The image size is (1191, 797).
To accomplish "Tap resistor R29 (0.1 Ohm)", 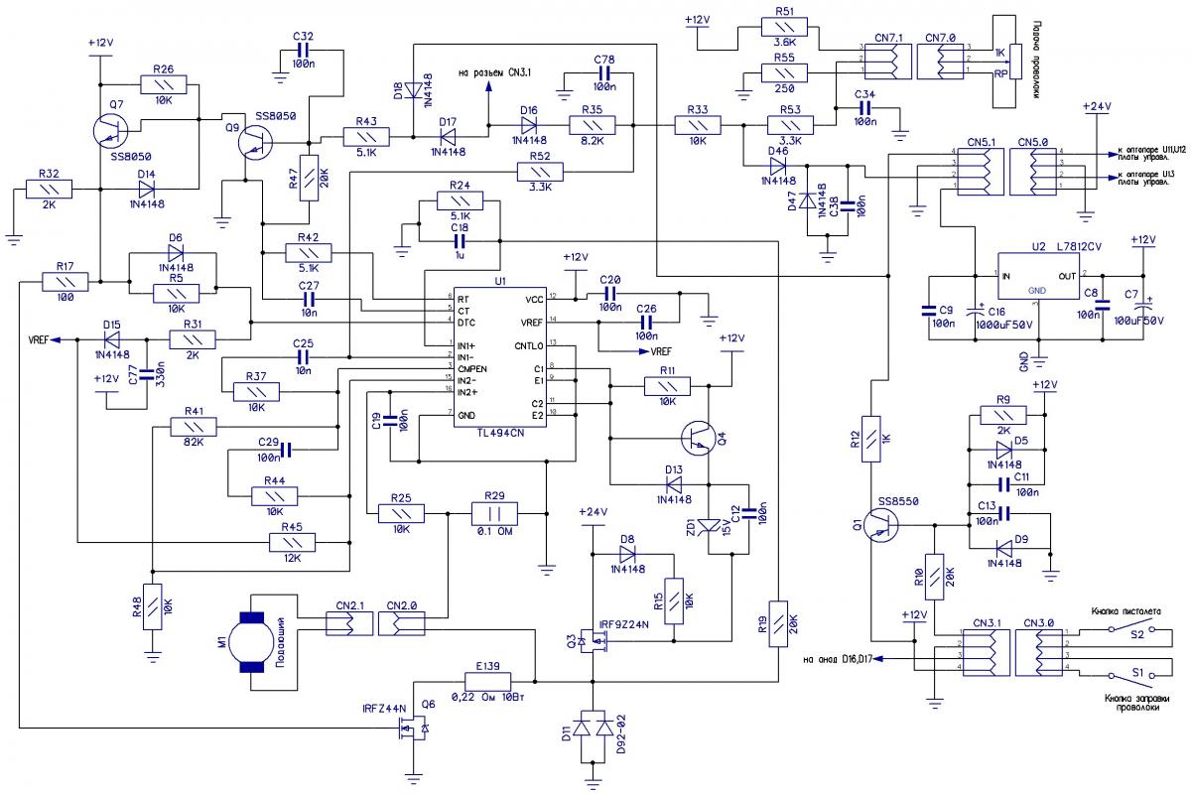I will pos(493,513).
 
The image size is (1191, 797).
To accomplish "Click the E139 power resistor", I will pos(487,681).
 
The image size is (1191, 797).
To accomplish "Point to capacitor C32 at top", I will pos(303,49).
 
